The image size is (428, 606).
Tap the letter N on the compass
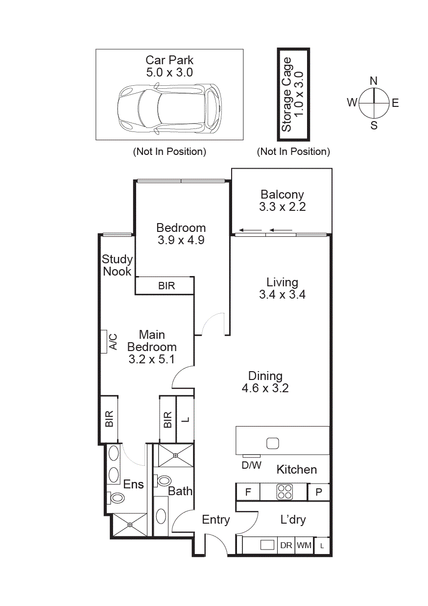tap(374, 81)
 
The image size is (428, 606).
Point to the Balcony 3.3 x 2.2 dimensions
tap(282, 207)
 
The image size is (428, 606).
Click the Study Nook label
tap(117, 265)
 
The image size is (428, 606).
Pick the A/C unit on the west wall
tap(104, 342)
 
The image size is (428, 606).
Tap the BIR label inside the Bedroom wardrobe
tap(166, 286)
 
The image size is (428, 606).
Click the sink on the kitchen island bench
tap(273, 443)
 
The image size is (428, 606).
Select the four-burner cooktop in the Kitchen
tap(285, 492)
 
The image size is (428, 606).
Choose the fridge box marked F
tap(248, 492)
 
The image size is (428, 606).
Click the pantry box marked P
tap(319, 492)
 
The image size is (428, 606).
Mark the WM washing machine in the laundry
tap(304, 545)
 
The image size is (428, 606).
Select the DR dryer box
tap(286, 545)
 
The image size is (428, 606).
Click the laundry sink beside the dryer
tap(267, 545)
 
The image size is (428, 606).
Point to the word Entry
tap(216, 520)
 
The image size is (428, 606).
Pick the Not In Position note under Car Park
tap(169, 151)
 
